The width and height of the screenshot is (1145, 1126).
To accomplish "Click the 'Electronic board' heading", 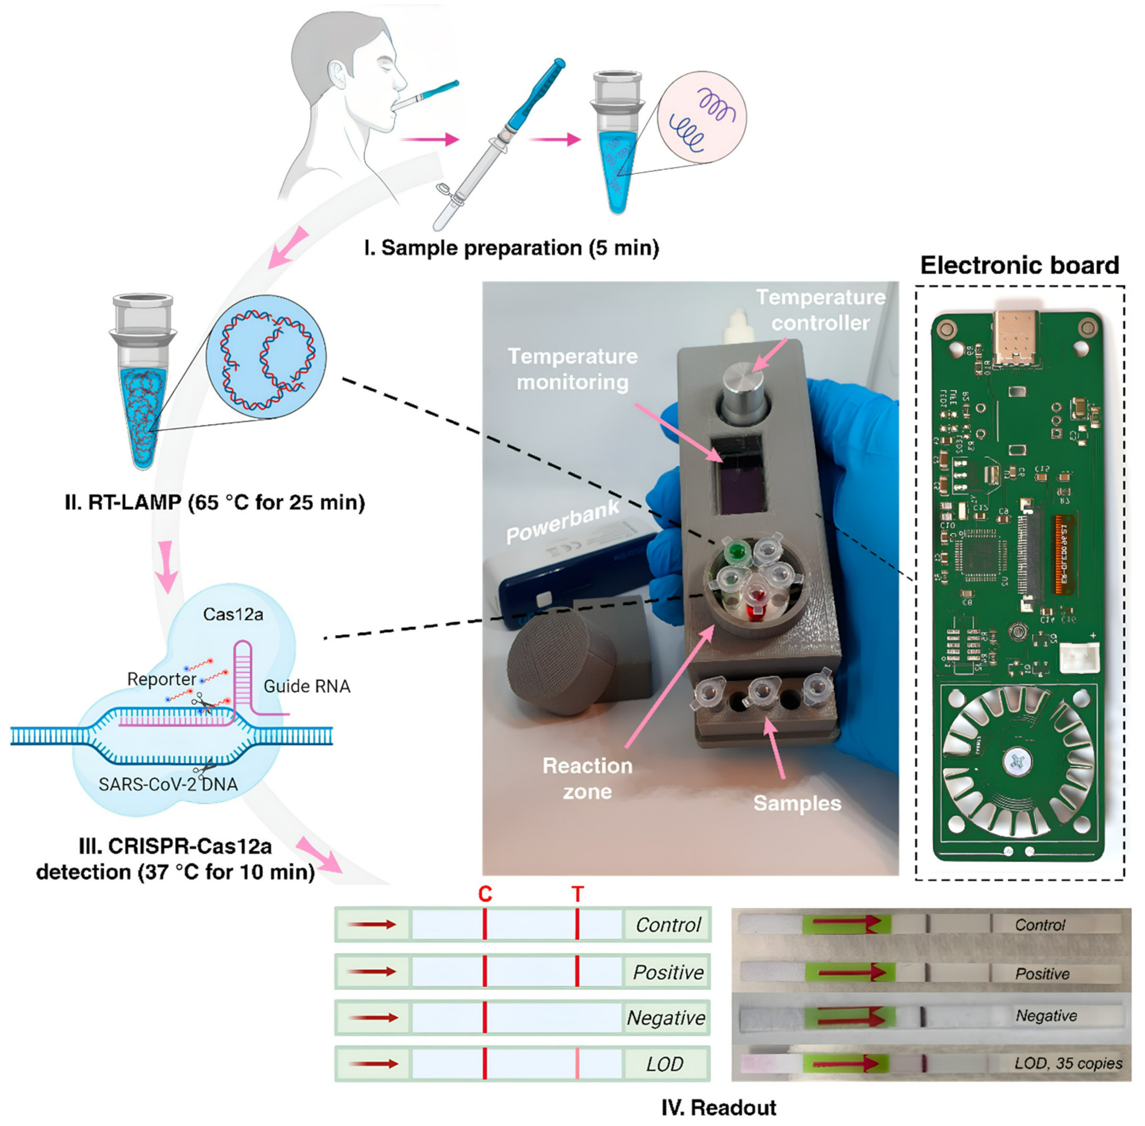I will coord(1019,266).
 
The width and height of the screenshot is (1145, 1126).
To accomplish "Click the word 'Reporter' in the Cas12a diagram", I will coord(161,679).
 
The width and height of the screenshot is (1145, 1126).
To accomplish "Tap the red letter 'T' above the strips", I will coord(577,894).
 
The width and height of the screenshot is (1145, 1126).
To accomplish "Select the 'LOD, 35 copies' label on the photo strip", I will coord(1068,1063).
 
